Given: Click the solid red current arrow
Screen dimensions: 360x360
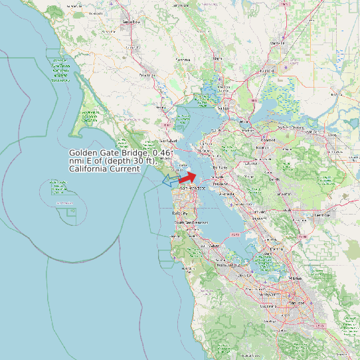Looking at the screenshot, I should pyautogui.click(x=188, y=177).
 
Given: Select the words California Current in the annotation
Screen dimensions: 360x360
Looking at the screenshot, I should pyautogui.click(x=104, y=169).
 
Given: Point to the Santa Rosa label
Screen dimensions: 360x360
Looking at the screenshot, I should pyautogui.click(x=132, y=22).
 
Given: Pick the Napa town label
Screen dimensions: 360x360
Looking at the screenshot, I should pyautogui.click(x=217, y=58).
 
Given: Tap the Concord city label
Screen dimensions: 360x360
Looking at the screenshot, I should pyautogui.click(x=268, y=140).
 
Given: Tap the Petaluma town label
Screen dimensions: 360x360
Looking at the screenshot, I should pyautogui.click(x=146, y=76).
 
